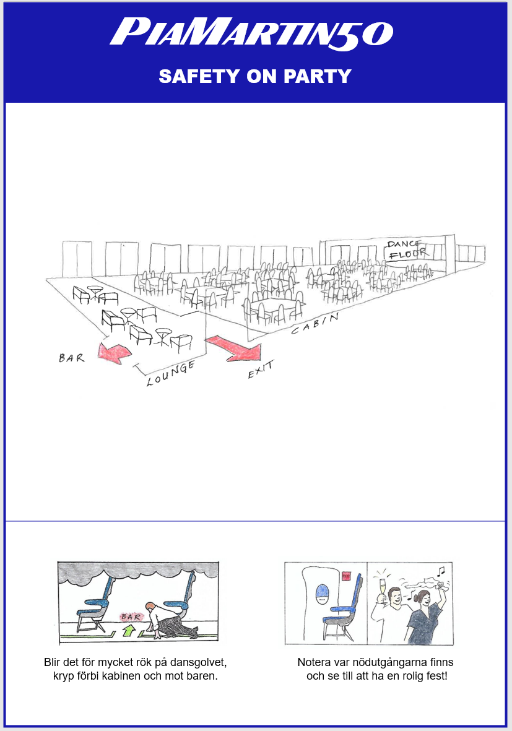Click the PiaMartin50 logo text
click(x=251, y=32)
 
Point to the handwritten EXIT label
click(x=260, y=370)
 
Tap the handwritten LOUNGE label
click(x=171, y=374)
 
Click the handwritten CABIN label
click(x=315, y=324)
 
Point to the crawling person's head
click(x=150, y=607)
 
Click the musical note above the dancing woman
click(x=440, y=569)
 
